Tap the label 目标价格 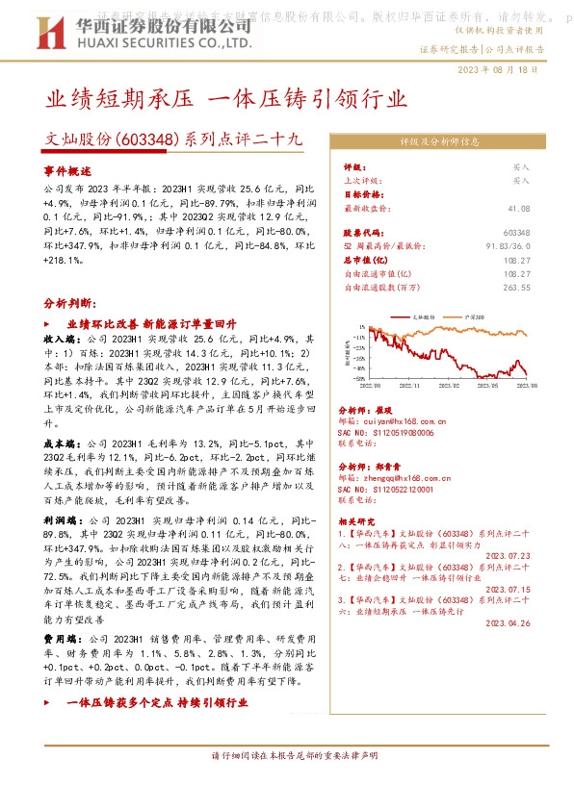362,193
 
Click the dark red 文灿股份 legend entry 419,316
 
